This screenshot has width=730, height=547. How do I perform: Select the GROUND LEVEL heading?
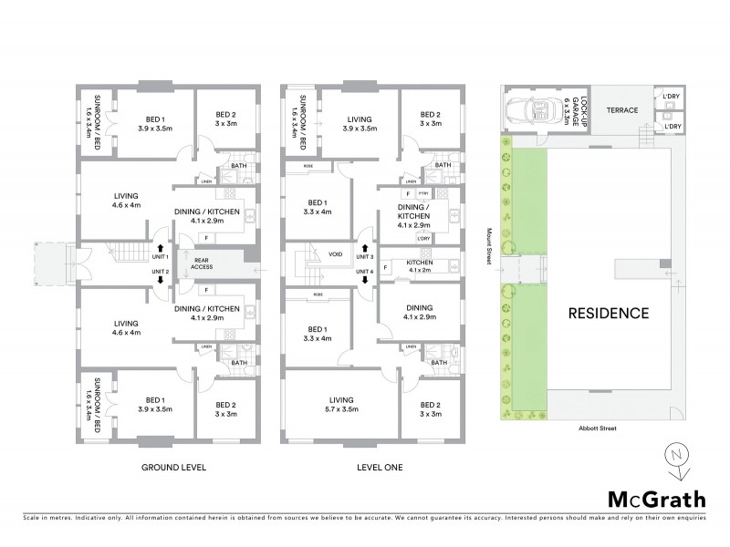(x=172, y=468)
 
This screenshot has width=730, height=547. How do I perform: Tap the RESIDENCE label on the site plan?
(x=609, y=313)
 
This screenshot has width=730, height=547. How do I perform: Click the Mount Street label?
(x=491, y=246)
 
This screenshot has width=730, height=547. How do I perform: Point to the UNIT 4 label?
(x=365, y=271)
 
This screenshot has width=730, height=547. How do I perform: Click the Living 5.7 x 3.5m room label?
(x=345, y=404)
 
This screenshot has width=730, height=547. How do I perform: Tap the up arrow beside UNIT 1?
(x=161, y=247)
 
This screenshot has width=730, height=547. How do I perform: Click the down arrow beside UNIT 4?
(x=365, y=280)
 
